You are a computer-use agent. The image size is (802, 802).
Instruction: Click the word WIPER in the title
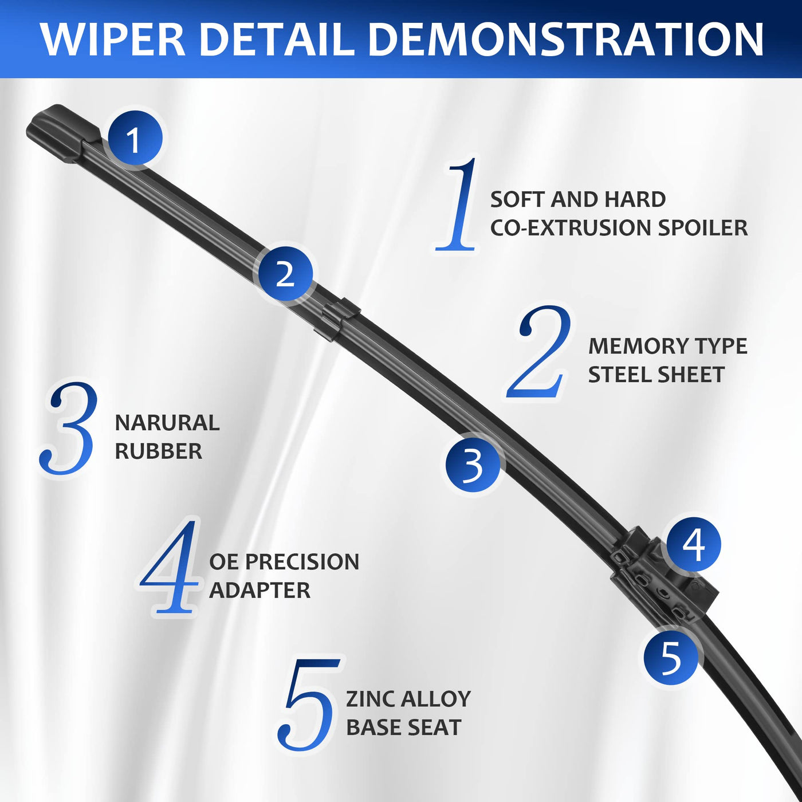tap(113, 40)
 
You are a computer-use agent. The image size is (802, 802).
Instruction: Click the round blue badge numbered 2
tap(285, 273)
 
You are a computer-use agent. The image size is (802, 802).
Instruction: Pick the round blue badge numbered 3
tap(473, 466)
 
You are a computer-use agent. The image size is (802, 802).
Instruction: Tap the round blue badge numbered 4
tap(694, 545)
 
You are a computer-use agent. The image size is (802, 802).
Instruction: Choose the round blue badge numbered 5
tap(671, 658)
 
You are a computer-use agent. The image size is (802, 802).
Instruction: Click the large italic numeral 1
tap(456, 204)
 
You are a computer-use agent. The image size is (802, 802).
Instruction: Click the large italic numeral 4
tap(170, 567)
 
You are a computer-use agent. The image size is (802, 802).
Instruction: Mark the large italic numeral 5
tap(309, 704)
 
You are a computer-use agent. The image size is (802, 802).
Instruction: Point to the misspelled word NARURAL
tap(167, 423)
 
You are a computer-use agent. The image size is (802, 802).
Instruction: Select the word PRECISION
tap(302, 562)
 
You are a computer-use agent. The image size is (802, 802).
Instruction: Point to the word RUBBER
tap(159, 451)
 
